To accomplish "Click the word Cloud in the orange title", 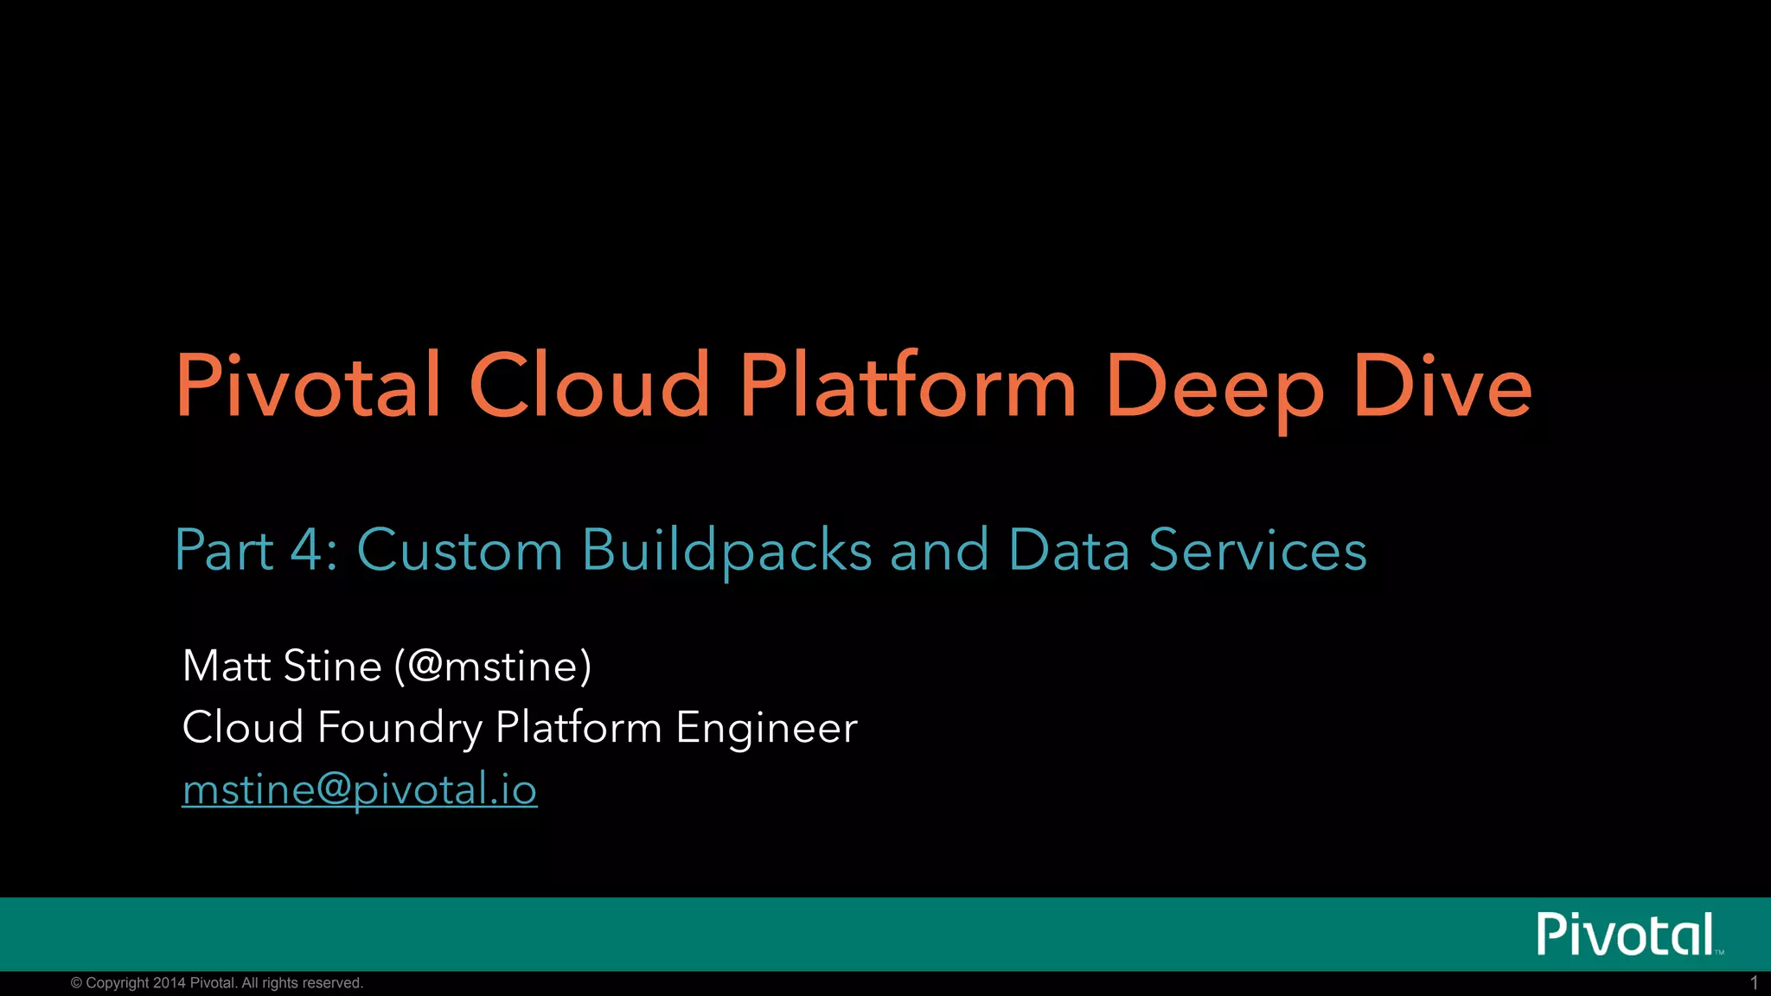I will click(x=589, y=386).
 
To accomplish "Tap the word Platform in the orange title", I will click(x=908, y=386).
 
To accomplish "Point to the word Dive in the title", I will click(x=1442, y=386).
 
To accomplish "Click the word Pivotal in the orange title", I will click(x=309, y=386).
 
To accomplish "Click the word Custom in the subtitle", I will click(x=459, y=550).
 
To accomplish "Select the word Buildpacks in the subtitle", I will click(x=726, y=552).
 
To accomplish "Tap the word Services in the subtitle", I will click(x=1257, y=550).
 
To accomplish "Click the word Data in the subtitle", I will click(x=1069, y=550).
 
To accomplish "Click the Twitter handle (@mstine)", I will click(x=493, y=666).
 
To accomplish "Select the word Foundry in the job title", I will click(x=400, y=728).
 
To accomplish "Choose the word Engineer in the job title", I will click(x=766, y=728).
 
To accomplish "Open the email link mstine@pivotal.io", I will click(x=360, y=789).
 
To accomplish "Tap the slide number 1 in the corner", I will click(x=1754, y=983).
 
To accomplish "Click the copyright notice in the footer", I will click(x=217, y=983).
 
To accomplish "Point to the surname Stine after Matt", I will click(x=332, y=666).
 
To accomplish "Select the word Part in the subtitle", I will click(x=224, y=550).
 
